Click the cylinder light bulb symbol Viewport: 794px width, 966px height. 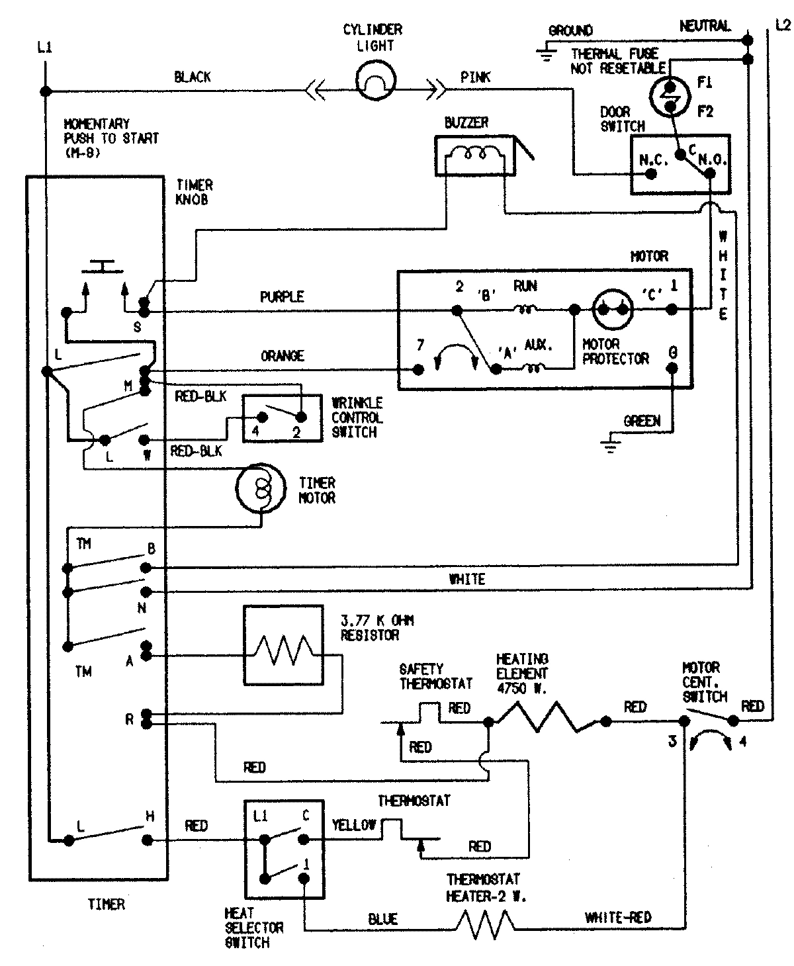pyautogui.click(x=375, y=81)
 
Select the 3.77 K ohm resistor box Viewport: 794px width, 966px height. pyautogui.click(x=283, y=645)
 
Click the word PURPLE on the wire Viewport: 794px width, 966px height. pyautogui.click(x=282, y=296)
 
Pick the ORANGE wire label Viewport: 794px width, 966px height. pyautogui.click(x=283, y=356)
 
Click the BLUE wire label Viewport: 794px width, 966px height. pyautogui.click(x=383, y=919)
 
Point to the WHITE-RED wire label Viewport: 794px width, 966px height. pyautogui.click(x=618, y=917)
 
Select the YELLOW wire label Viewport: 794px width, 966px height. pyautogui.click(x=354, y=824)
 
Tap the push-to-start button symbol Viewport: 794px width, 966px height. pyautogui.click(x=103, y=267)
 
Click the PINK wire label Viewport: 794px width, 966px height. pyautogui.click(x=476, y=77)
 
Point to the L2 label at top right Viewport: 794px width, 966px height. pyautogui.click(x=781, y=25)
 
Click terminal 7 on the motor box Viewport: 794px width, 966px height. pyautogui.click(x=418, y=369)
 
